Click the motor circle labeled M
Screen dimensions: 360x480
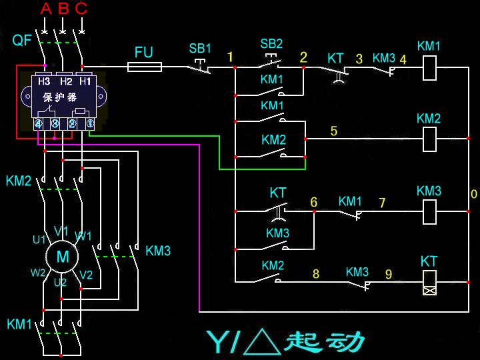point(62,257)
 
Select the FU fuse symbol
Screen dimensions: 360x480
point(145,67)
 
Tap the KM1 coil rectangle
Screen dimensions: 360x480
point(430,67)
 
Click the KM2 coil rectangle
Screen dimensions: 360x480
point(430,139)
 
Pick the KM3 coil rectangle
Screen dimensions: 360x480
point(430,211)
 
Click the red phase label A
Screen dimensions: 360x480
point(45,9)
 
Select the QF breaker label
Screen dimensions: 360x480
point(22,41)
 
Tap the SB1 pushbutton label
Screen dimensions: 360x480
point(200,49)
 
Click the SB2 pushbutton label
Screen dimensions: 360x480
point(271,44)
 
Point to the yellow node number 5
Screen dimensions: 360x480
point(334,131)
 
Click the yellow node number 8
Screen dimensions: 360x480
point(316,273)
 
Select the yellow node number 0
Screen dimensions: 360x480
point(473,194)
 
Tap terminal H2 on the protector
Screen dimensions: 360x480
point(65,82)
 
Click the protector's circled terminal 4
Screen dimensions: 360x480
point(39,124)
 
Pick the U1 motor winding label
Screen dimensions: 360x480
point(40,239)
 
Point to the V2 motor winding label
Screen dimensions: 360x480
point(86,275)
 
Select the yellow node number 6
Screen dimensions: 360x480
point(313,202)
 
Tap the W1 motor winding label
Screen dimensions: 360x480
point(83,236)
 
